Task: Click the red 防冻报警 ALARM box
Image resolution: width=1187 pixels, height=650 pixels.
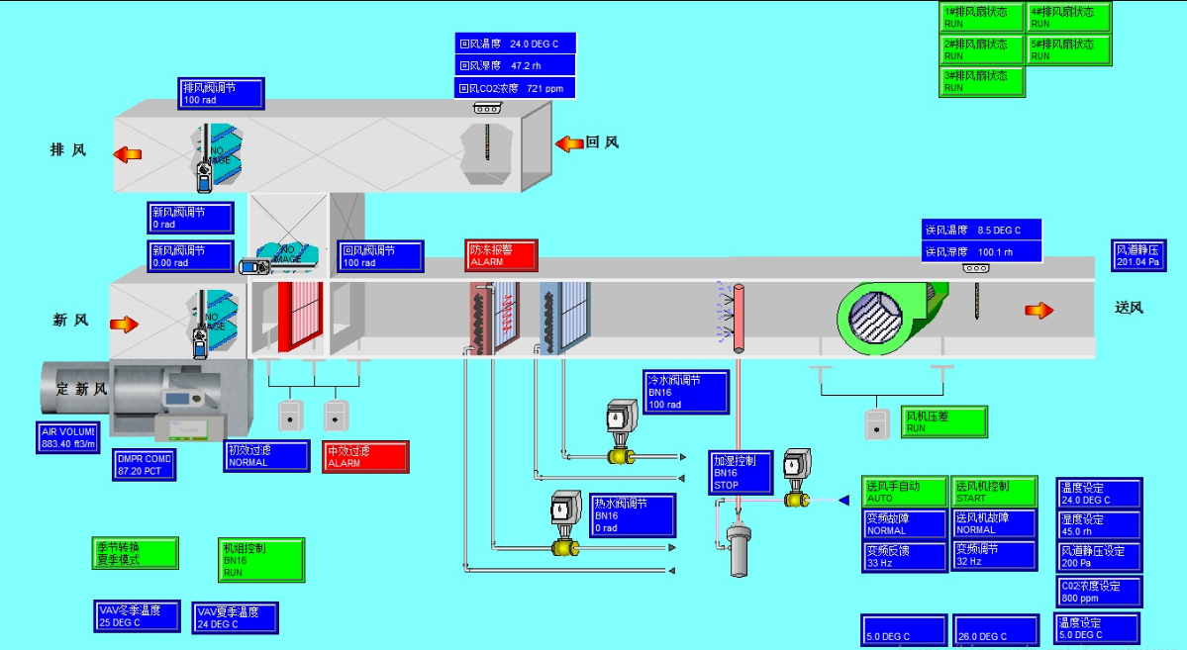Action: (501, 255)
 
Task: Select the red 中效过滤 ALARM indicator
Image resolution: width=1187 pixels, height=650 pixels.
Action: (365, 456)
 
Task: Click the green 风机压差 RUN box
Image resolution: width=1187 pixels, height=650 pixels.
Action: (944, 422)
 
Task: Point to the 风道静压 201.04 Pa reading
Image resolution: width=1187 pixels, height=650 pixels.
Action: (1138, 255)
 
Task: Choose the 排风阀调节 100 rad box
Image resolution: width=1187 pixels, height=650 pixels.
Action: (222, 93)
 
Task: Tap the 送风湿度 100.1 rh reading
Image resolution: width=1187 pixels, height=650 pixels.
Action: (982, 252)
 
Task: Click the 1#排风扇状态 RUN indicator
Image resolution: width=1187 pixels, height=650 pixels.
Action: (982, 18)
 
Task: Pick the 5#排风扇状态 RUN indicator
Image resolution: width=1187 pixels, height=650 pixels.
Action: (1068, 49)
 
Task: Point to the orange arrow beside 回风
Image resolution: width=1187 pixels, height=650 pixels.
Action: (569, 143)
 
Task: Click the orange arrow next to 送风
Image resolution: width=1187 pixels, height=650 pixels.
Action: (1039, 310)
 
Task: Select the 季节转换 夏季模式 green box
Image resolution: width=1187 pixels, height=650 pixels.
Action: (136, 553)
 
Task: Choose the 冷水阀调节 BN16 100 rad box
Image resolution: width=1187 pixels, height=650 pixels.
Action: (686, 392)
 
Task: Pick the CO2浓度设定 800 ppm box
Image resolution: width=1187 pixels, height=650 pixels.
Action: (1100, 592)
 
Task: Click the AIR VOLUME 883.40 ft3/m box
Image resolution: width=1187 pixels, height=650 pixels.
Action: (67, 437)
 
